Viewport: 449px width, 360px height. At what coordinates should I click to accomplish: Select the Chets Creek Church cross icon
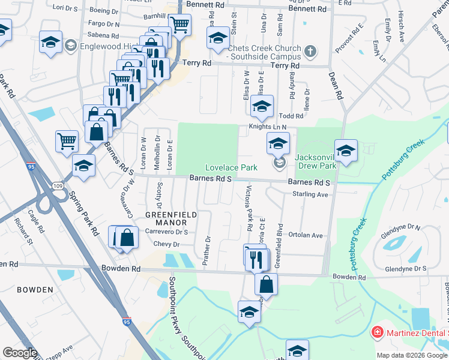(310, 51)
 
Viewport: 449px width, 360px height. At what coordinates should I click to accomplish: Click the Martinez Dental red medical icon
(377, 331)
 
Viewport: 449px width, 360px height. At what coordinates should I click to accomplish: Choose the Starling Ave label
(310, 194)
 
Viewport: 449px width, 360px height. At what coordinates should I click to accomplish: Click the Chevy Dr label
(167, 244)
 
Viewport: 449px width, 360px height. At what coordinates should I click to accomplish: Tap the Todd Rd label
(292, 116)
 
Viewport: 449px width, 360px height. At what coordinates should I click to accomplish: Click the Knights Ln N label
(268, 127)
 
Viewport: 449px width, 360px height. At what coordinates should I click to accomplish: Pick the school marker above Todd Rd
(262, 107)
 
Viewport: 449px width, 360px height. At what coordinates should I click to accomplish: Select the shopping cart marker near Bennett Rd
(179, 25)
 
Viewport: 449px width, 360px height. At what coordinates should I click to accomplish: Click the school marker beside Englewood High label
(50, 42)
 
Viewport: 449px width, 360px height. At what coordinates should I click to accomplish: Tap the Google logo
(19, 353)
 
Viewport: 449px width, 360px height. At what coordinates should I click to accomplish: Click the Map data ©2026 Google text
(411, 355)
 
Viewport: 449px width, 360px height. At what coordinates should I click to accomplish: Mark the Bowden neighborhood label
(35, 290)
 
